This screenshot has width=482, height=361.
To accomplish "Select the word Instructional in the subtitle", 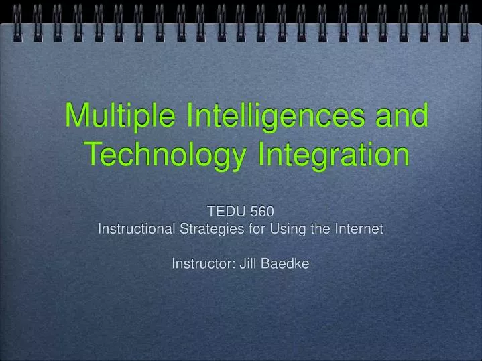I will click(x=137, y=229).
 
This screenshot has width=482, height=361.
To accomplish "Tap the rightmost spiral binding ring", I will click(x=464, y=21).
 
